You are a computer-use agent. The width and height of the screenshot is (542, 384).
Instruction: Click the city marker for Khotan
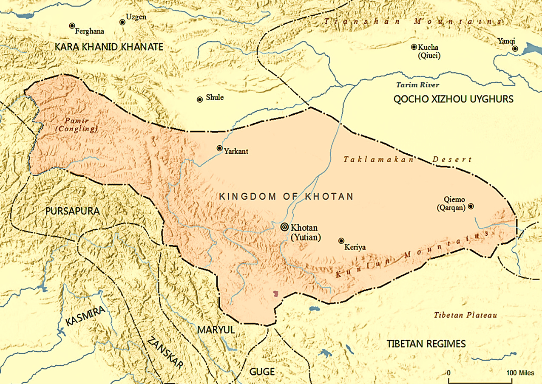pos(284,227)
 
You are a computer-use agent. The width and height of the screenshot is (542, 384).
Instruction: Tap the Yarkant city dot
pos(219,148)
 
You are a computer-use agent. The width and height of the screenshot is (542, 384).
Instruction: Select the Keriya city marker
pos(341,241)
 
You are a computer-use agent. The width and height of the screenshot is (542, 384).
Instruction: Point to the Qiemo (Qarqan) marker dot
pos(471,206)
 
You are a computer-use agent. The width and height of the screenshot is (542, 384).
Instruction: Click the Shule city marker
pos(199,99)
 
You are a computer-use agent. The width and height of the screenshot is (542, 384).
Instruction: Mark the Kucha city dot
pos(414,47)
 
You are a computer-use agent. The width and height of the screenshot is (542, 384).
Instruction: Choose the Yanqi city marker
pos(515,49)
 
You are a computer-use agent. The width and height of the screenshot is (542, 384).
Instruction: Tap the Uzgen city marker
pos(122,22)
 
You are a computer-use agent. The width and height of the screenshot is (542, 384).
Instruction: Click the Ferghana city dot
pos(72,26)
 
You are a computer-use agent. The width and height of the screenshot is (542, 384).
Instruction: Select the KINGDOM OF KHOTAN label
pos(286,196)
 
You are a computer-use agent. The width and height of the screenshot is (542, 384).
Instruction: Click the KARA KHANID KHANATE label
pos(109,47)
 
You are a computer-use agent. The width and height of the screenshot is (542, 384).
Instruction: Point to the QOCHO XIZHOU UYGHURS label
pos(454,99)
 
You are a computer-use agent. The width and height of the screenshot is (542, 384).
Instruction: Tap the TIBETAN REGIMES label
pos(426,344)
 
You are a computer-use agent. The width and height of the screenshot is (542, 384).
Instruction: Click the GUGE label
pos(262,372)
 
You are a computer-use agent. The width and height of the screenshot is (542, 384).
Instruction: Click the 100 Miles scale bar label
pos(520,373)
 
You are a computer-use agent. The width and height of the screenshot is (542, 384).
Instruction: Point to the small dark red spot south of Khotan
pos(276,294)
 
